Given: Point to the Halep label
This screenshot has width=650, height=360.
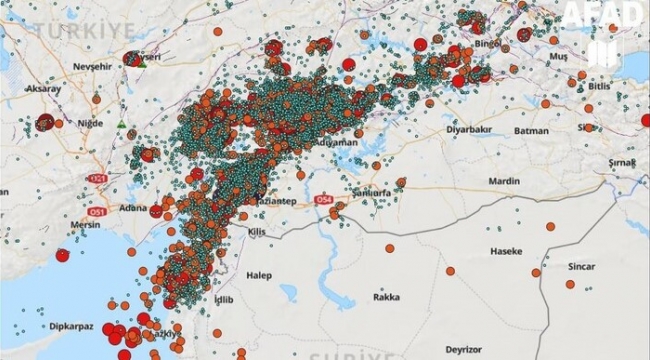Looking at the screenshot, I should coord(260,274).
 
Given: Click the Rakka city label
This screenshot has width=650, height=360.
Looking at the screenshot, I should coord(386,296).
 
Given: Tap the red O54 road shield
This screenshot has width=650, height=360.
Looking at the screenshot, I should coord(323,200).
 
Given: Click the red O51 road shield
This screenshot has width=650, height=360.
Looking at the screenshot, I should coord(97,212).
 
